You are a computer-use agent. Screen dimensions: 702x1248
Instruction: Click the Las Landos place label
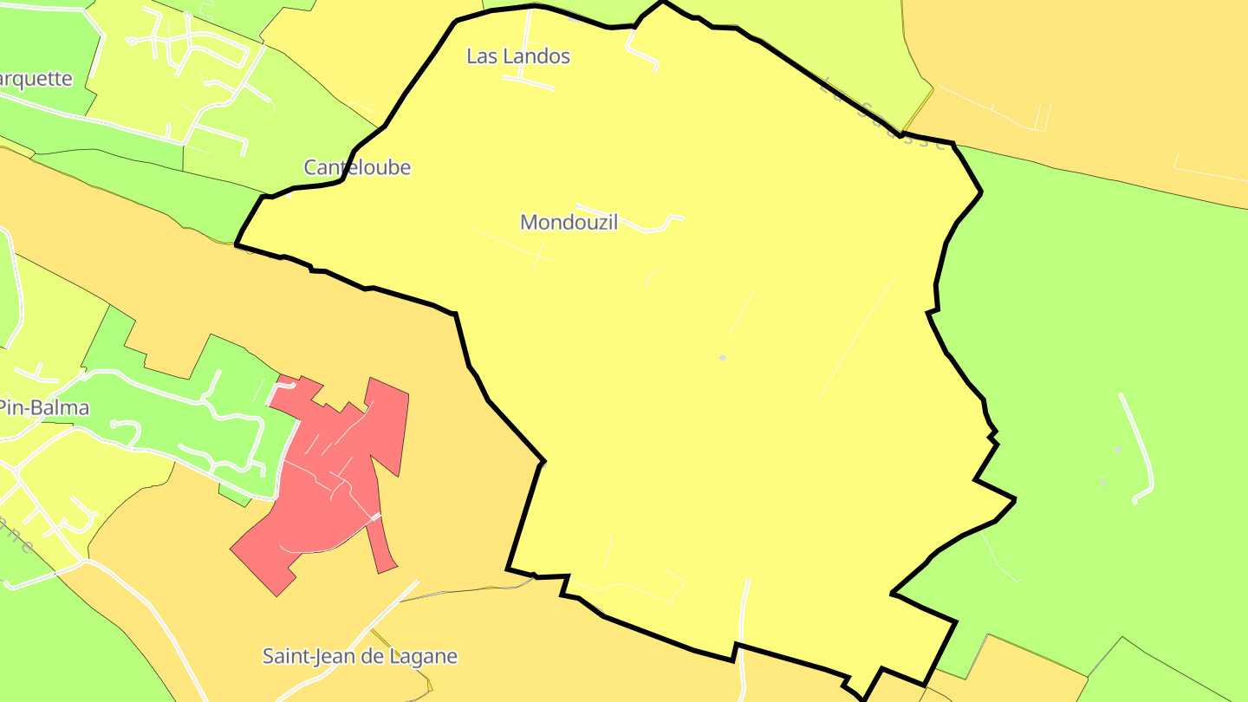(518, 56)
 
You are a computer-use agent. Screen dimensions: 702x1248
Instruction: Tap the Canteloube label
(357, 167)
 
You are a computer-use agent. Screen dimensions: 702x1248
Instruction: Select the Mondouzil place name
(569, 222)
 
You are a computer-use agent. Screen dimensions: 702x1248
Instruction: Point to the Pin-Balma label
(43, 407)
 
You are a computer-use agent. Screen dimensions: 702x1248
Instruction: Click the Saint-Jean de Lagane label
(360, 656)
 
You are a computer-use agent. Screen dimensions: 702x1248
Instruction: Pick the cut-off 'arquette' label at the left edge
(36, 79)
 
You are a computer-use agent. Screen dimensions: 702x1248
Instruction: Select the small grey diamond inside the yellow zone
(723, 358)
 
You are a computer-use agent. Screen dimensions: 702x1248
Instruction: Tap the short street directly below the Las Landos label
(529, 83)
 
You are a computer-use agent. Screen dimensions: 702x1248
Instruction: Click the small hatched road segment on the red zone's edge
(375, 517)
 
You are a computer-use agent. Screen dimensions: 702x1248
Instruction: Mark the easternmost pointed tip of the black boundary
(1014, 499)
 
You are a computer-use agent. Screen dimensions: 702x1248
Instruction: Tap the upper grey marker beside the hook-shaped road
(1118, 449)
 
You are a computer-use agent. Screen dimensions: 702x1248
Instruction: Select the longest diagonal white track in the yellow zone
(856, 338)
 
